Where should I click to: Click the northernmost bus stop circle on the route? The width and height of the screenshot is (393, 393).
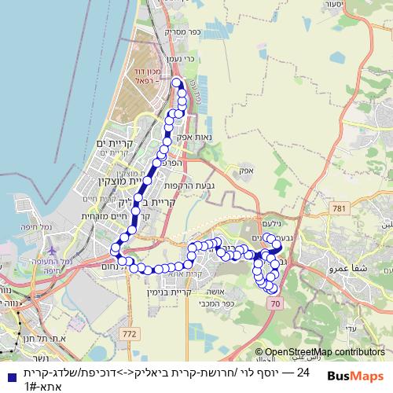click(x=176, y=83)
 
